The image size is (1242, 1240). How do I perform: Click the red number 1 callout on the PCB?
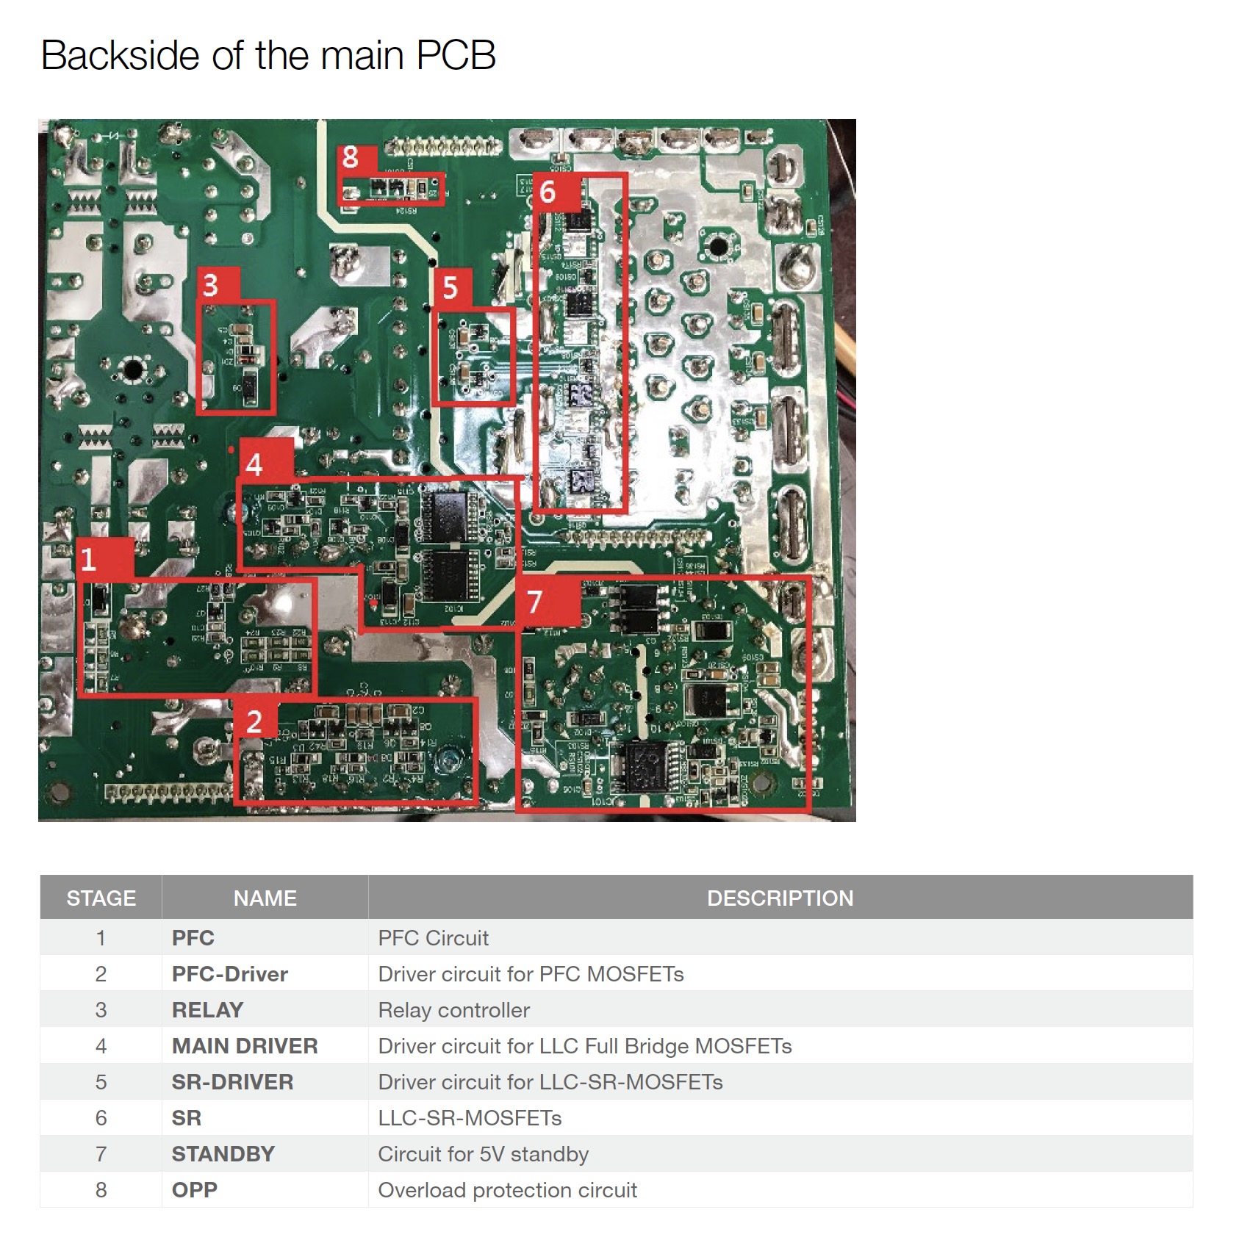[x=89, y=560]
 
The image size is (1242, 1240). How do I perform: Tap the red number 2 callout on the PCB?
[x=254, y=721]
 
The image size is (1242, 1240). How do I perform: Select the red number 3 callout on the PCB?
[x=211, y=285]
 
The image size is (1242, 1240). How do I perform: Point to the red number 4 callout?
[x=254, y=464]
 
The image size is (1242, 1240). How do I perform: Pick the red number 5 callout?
[x=451, y=288]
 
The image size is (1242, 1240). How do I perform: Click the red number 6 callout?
[x=548, y=192]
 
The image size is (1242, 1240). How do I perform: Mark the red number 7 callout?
[x=535, y=602]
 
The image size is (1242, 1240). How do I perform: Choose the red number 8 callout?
[x=351, y=156]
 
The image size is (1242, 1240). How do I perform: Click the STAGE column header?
[x=101, y=898]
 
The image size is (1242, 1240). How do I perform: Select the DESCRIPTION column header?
[x=780, y=898]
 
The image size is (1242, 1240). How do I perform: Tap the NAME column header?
[x=265, y=898]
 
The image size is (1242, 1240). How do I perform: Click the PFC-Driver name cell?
[x=230, y=974]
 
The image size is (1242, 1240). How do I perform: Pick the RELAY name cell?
[x=207, y=1010]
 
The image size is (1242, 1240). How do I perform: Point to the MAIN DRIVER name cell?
[x=245, y=1046]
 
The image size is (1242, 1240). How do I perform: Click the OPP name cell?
[x=195, y=1190]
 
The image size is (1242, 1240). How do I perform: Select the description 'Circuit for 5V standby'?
[x=483, y=1154]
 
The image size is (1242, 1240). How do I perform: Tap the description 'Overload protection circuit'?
[x=507, y=1190]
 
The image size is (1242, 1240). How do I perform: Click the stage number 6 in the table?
[x=101, y=1118]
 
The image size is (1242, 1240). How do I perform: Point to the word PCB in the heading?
[x=456, y=56]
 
